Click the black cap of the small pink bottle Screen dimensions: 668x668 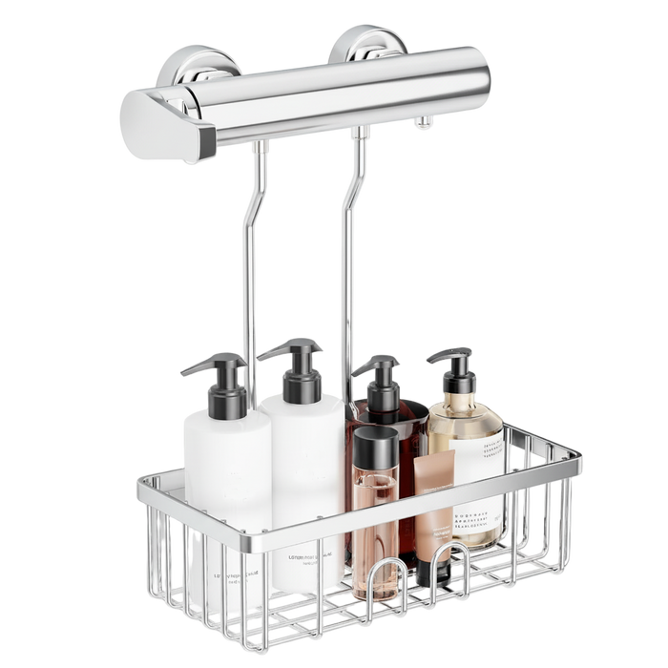click(375, 444)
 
